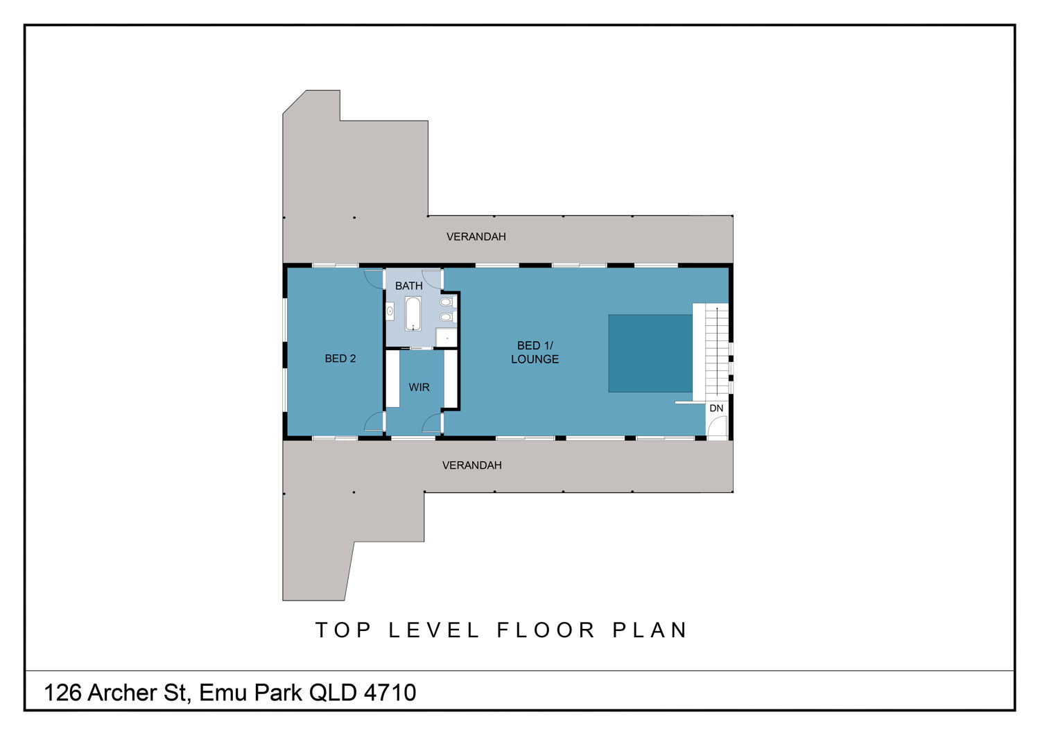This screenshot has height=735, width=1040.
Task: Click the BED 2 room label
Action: click(340, 358)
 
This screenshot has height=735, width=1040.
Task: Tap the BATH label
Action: click(408, 286)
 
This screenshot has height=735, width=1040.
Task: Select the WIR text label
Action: click(419, 387)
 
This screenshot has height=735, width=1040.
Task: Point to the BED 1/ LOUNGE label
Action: click(535, 352)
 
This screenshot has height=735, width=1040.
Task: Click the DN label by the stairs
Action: click(716, 408)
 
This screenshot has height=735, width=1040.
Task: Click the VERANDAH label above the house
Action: click(476, 237)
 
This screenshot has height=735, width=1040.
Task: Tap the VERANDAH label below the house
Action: click(471, 465)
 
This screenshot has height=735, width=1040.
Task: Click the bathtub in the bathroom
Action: click(413, 314)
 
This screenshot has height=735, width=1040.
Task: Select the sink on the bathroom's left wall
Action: click(390, 311)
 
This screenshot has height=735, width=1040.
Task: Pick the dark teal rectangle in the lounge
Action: click(650, 354)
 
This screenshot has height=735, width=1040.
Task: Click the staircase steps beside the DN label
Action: click(716, 352)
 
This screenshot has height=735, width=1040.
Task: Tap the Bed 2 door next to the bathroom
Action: click(373, 279)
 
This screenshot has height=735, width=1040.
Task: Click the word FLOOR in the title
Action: click(546, 630)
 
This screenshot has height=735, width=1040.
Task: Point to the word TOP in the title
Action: click(344, 630)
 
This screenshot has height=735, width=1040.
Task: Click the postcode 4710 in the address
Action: click(390, 692)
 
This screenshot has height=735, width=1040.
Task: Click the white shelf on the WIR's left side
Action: click(393, 379)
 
